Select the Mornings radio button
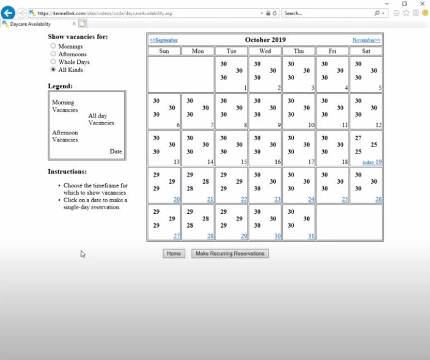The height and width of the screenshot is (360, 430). (x=54, y=46)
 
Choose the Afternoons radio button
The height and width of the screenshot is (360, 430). (x=54, y=54)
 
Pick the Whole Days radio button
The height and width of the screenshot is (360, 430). (x=54, y=62)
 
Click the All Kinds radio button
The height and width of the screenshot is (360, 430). (x=54, y=70)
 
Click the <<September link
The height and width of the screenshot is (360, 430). (x=163, y=40)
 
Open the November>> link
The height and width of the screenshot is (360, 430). (x=366, y=40)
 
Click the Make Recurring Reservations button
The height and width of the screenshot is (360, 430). (x=230, y=253)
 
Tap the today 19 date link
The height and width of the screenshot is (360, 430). (x=372, y=162)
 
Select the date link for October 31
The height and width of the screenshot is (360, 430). (x=311, y=236)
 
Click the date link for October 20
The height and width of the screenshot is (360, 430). (x=176, y=199)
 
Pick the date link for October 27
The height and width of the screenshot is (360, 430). (x=176, y=236)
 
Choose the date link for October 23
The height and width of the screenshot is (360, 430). (x=277, y=199)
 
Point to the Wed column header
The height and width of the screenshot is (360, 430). (x=265, y=51)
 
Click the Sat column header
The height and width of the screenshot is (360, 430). (x=366, y=51)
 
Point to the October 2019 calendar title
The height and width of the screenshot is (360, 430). (x=265, y=40)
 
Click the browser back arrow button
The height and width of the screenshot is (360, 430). (x=8, y=13)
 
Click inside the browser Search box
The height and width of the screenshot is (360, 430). (x=326, y=13)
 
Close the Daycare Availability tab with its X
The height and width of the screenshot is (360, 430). (x=74, y=24)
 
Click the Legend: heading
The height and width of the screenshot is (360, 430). (x=60, y=86)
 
